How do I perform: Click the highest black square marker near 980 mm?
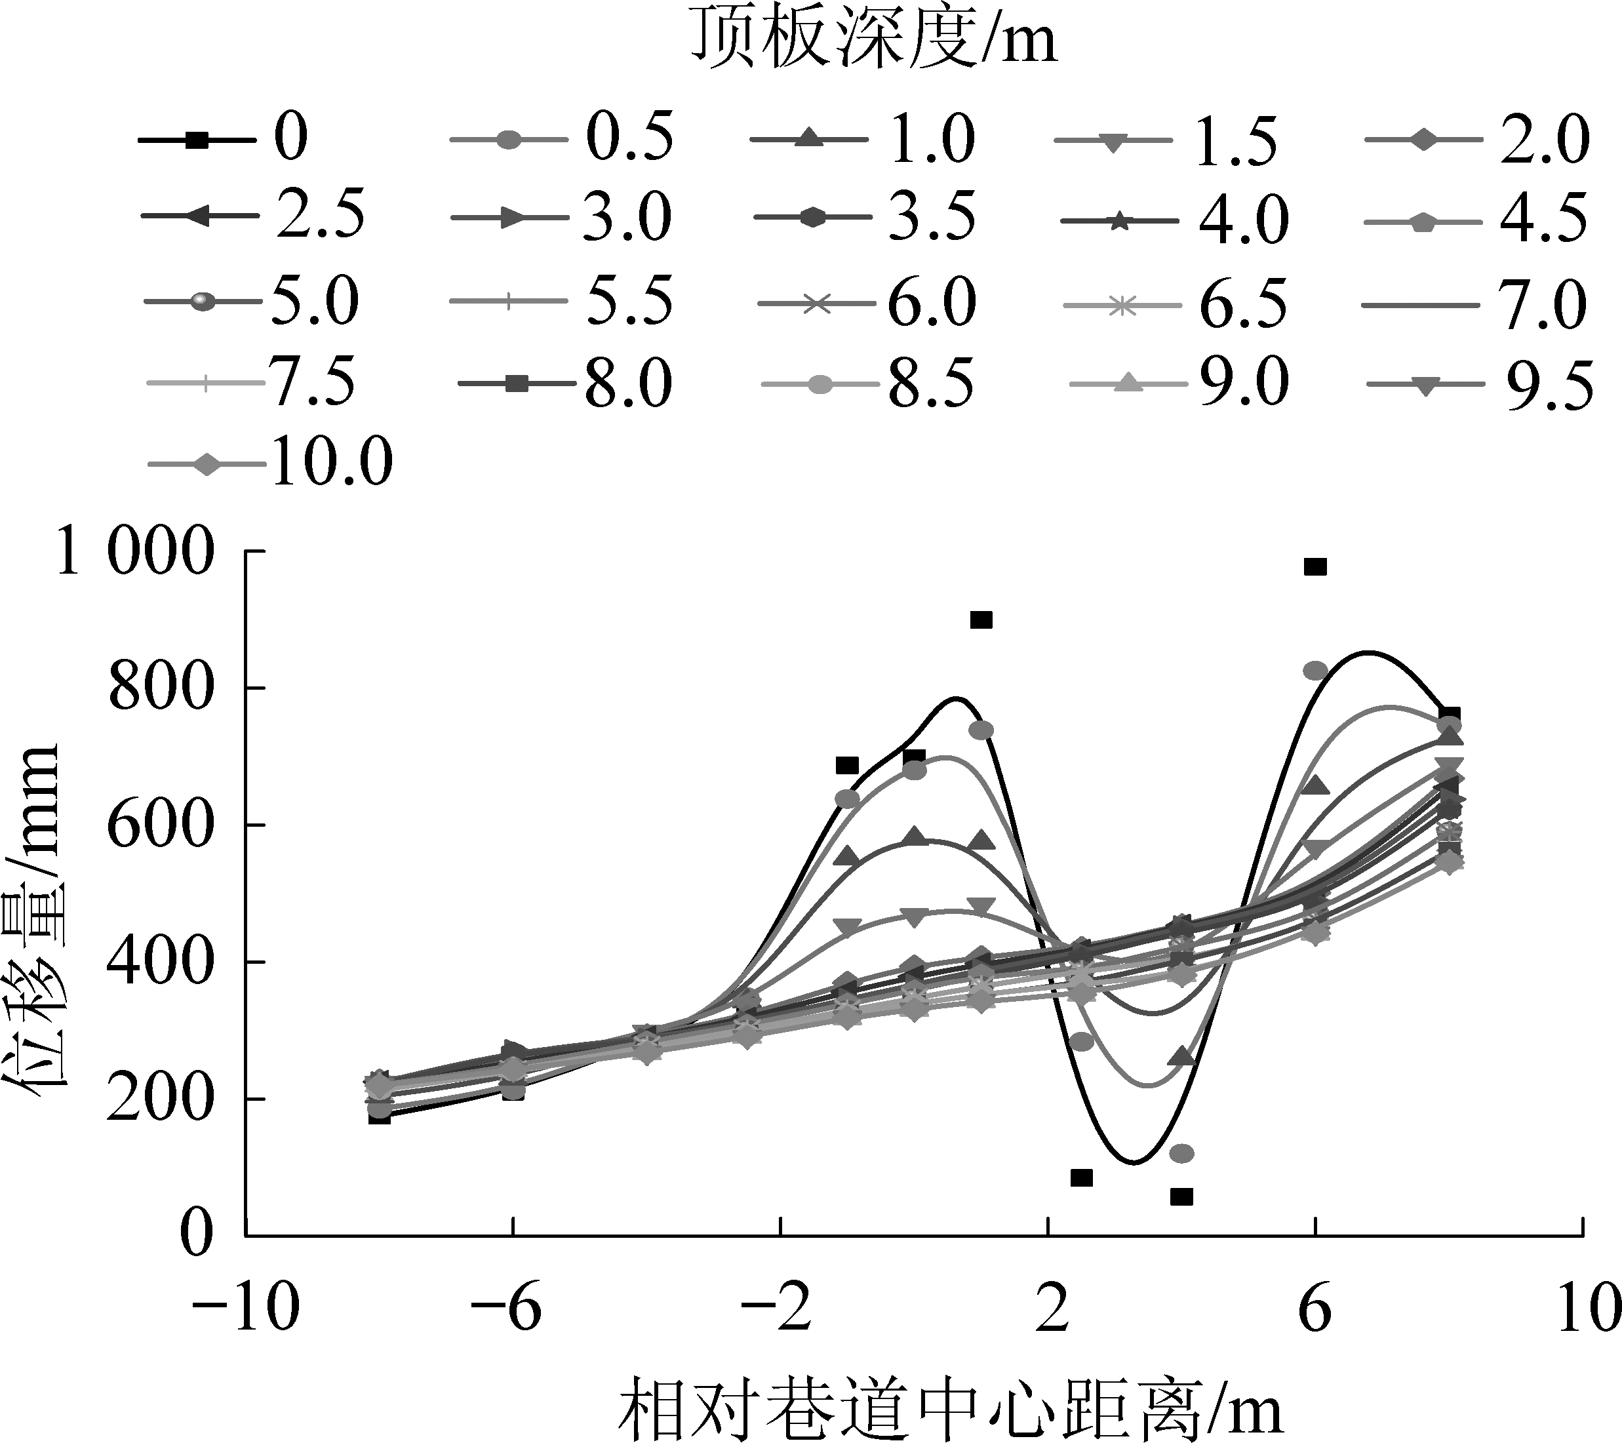1315,566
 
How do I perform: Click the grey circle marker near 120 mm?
1181,1153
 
